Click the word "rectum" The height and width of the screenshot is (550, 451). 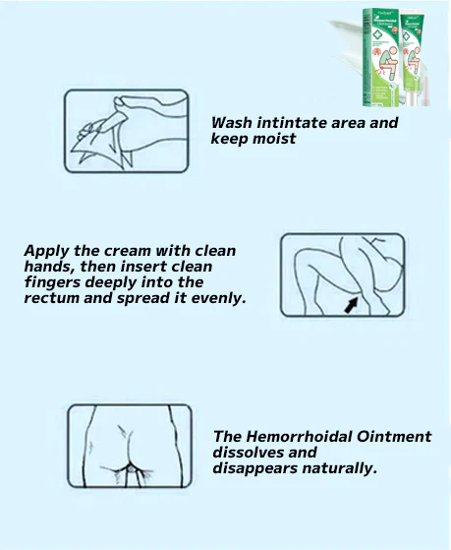(51, 297)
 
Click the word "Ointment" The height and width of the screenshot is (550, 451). (395, 437)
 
